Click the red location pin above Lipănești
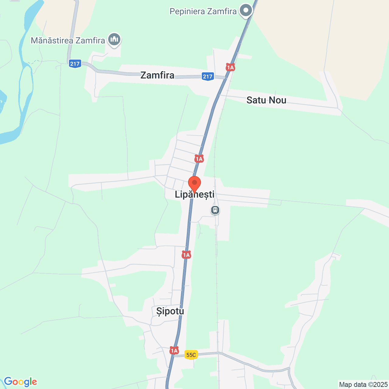194,183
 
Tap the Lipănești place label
194,194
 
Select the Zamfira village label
157,75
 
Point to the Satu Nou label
266,100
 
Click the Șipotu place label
170,311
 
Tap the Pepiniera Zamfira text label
203,12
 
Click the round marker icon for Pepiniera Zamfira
246,11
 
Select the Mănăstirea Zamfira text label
68,40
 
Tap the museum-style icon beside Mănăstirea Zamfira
114,39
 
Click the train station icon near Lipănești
215,210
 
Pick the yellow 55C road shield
191,355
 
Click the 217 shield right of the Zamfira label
208,76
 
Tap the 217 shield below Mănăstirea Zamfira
75,64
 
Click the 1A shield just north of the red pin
199,159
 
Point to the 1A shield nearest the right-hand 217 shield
230,67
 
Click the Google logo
20,382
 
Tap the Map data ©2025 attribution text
363,384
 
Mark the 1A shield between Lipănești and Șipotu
186,255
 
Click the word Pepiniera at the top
187,12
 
